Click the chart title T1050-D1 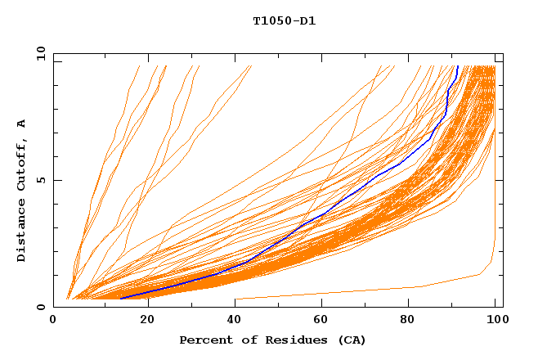[284, 21]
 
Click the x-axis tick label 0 [53, 320]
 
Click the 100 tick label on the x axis [495, 320]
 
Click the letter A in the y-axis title [22, 124]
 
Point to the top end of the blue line [458, 66]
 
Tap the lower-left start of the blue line [121, 298]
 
